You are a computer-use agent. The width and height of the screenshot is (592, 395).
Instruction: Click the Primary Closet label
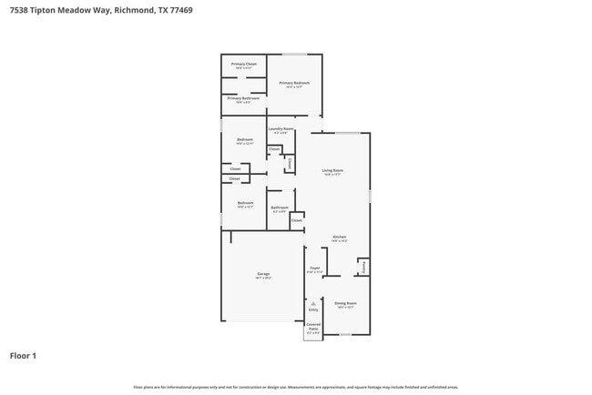(243, 64)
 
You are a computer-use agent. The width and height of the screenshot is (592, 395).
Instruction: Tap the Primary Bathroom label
(243, 98)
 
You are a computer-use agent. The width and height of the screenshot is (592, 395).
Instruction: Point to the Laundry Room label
(281, 129)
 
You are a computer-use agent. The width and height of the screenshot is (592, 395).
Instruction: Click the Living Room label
(332, 170)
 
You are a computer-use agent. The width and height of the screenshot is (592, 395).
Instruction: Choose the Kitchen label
(339, 237)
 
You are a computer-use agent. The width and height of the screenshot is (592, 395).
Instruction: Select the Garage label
(262, 274)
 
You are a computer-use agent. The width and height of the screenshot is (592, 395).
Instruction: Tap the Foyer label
(314, 268)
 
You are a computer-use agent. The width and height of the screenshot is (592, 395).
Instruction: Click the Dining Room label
(345, 303)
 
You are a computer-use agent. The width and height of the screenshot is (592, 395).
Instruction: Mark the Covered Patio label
(312, 325)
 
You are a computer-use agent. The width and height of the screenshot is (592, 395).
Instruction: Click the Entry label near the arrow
(312, 310)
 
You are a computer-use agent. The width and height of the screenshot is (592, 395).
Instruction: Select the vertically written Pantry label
(364, 267)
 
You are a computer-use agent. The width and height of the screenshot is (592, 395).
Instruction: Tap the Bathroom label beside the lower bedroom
(280, 208)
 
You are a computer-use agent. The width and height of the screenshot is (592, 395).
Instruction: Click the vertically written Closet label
(290, 163)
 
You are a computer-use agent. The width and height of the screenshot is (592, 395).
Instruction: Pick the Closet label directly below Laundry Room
(273, 148)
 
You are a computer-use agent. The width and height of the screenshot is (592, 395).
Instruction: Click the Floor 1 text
(23, 356)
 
